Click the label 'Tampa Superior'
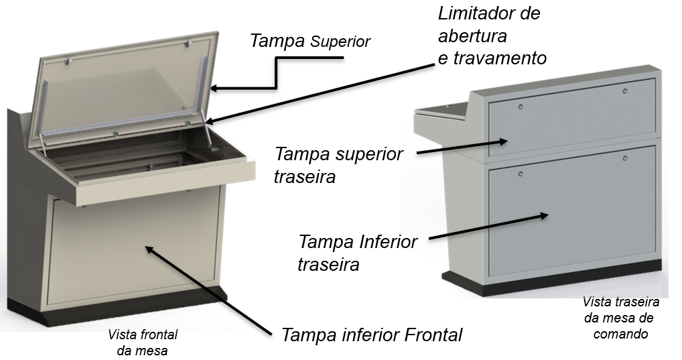click(310, 41)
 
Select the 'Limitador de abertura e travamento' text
click(492, 36)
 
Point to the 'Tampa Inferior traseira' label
click(358, 253)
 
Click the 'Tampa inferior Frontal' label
click(372, 335)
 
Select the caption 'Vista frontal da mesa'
click(143, 342)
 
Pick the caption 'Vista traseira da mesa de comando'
click(620, 318)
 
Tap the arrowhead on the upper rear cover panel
click(503, 141)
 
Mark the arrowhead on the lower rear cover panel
click(544, 215)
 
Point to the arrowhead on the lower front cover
click(149, 249)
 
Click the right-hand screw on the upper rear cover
click(625, 91)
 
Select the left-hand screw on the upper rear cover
click(520, 107)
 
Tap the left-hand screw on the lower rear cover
click(520, 174)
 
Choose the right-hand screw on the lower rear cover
click(625, 158)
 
